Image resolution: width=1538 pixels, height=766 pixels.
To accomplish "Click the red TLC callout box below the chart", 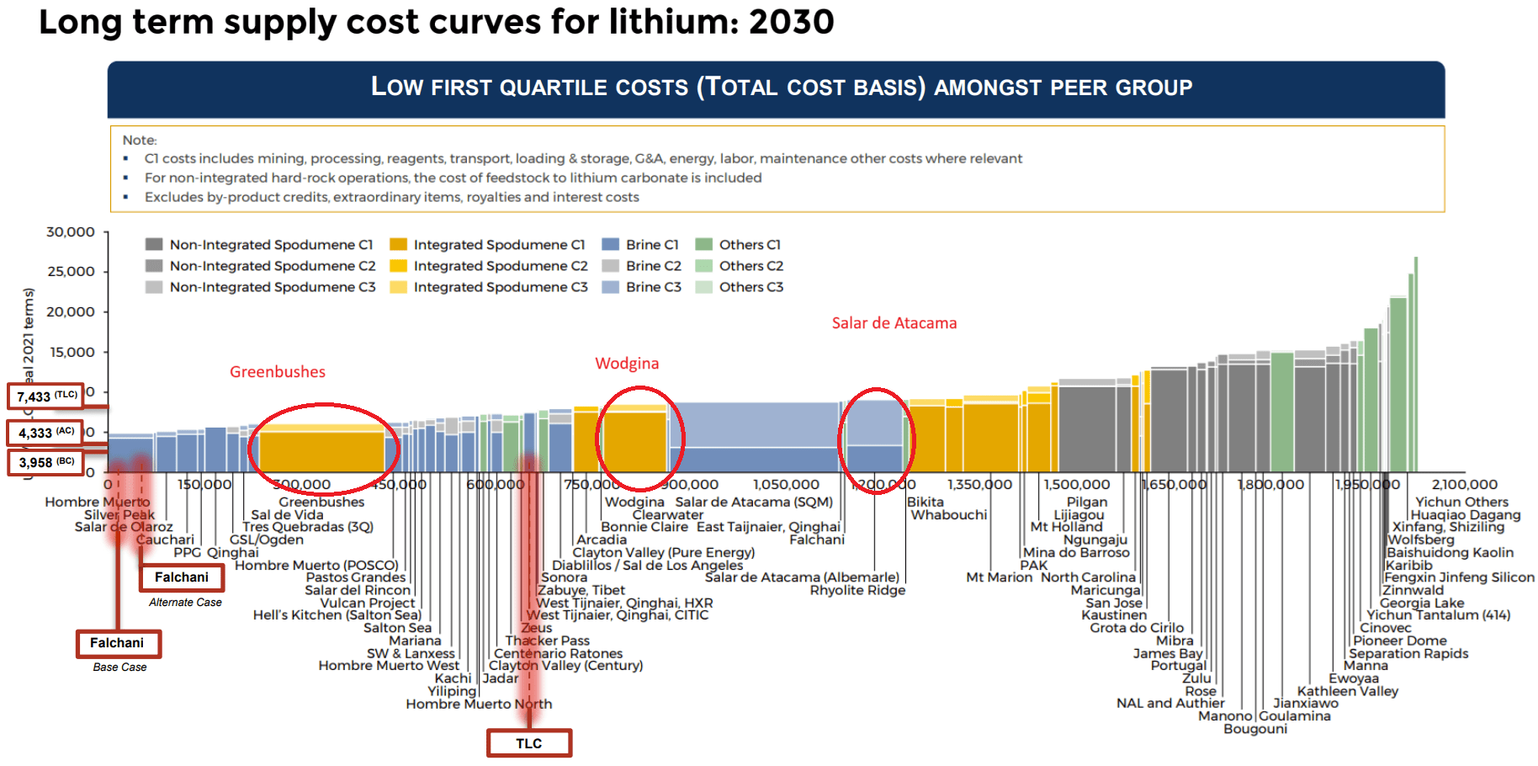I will point(529,743).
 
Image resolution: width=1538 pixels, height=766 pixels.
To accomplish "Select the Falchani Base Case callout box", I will point(118,643).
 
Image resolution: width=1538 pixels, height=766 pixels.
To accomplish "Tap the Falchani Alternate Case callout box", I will point(182,577).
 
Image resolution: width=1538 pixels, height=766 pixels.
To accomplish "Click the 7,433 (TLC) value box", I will point(46,396).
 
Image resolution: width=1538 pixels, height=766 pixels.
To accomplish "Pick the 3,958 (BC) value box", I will point(46,462).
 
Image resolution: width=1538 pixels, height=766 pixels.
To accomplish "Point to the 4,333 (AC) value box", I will point(46,433).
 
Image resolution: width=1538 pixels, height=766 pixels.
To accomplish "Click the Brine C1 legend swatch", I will point(611,245).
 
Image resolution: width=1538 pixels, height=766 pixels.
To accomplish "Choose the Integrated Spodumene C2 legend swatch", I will point(398,266).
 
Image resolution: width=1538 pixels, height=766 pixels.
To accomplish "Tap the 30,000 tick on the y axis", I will point(71,232).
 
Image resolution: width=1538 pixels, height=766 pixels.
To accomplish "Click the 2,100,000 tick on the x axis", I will point(1464,484).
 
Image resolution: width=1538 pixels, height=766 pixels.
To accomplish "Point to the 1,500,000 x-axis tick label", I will point(1076,484).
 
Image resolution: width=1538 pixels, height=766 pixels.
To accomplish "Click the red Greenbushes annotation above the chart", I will point(278,372).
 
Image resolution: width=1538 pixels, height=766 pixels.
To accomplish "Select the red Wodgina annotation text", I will point(627,364).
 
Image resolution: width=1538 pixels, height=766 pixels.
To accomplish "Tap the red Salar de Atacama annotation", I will point(894,323).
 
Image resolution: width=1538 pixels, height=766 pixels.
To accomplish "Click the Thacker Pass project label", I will point(548,641).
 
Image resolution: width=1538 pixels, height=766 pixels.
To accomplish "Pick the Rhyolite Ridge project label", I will point(857,590).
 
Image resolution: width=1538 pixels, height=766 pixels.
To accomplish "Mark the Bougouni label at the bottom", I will point(1255,729).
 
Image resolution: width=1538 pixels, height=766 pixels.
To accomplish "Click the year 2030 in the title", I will point(791,22).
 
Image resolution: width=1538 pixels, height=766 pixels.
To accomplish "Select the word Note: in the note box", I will point(140,140).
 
